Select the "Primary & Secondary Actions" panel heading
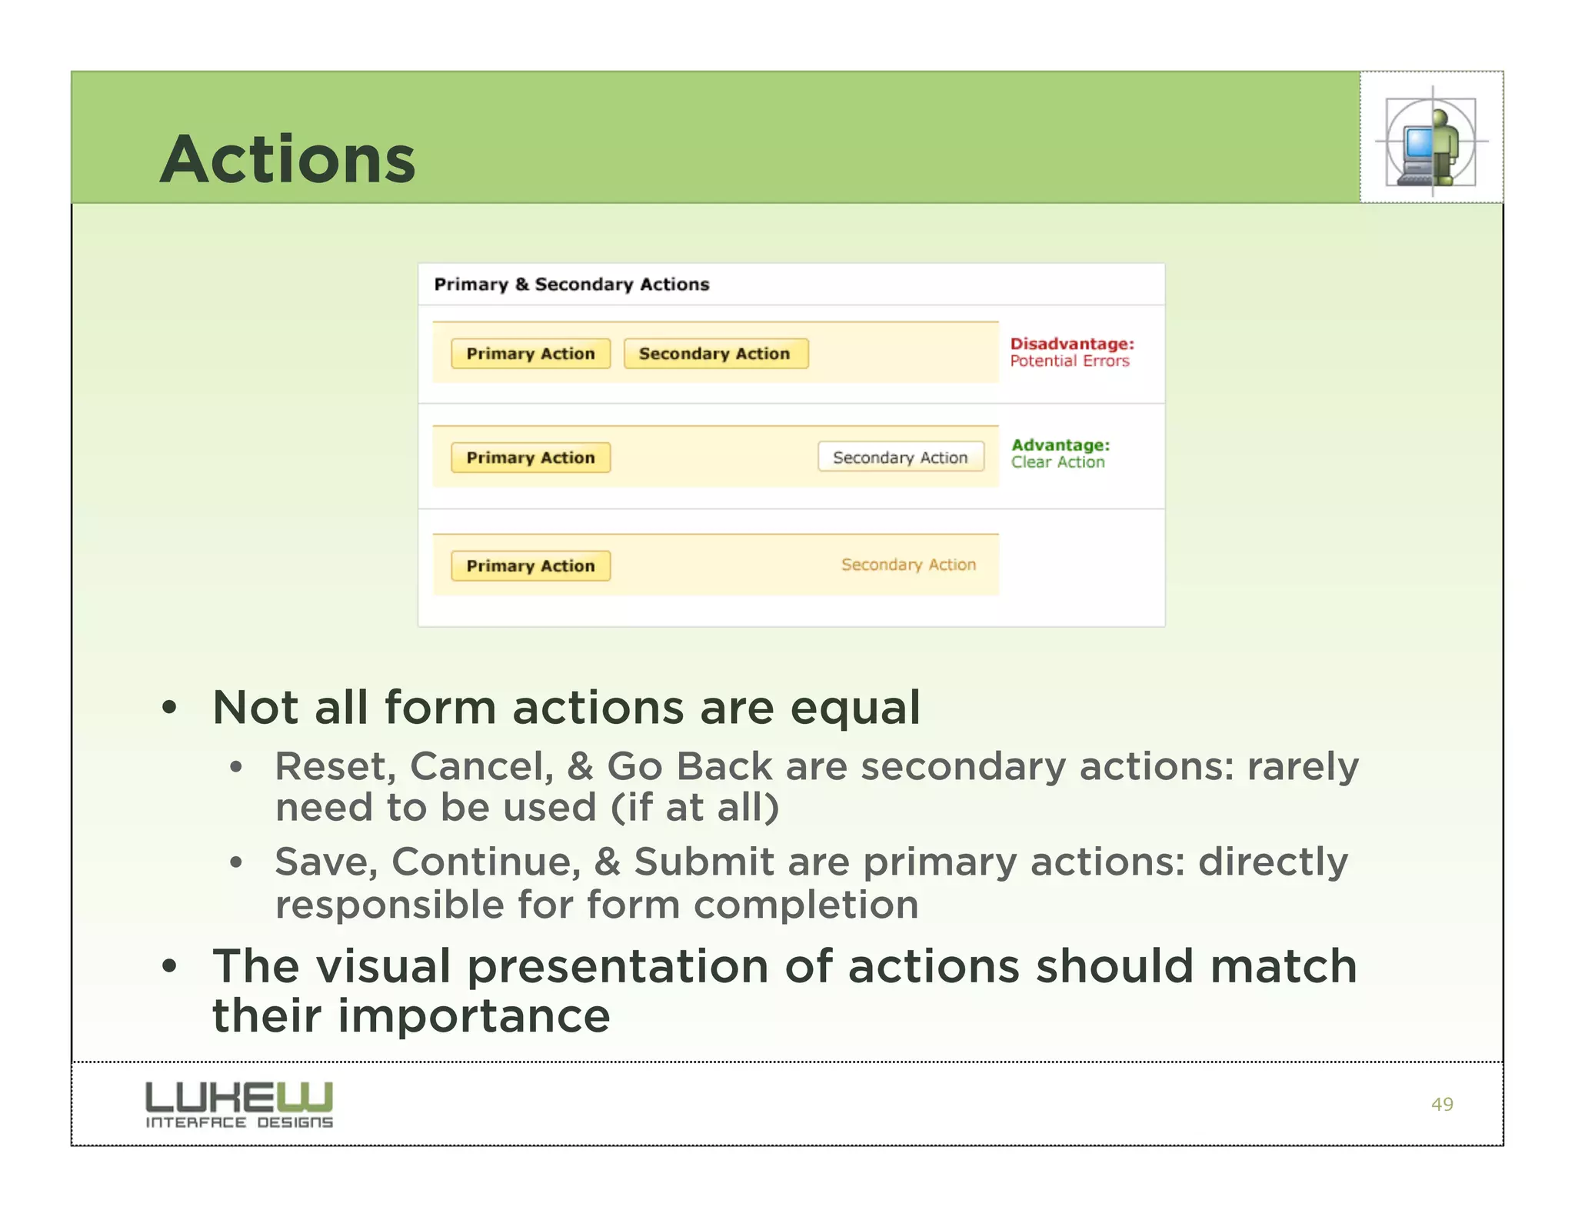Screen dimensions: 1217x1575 point(571,285)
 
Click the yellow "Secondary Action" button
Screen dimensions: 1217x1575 point(715,354)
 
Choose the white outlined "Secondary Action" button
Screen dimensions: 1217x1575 point(900,458)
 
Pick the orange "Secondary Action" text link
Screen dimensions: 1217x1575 point(908,565)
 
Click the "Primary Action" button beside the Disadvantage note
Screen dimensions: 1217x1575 point(531,354)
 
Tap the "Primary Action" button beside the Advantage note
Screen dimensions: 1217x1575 point(531,458)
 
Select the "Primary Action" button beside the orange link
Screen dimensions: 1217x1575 point(531,566)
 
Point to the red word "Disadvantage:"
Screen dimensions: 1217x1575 point(1072,344)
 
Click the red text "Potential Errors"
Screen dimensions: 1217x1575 point(1070,362)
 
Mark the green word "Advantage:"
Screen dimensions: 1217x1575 point(1061,445)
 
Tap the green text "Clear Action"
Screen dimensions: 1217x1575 point(1057,462)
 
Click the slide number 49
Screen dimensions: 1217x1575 point(1442,1105)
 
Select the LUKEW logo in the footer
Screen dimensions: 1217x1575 point(239,1105)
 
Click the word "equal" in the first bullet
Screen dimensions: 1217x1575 point(854,709)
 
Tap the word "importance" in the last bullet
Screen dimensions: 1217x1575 point(473,1016)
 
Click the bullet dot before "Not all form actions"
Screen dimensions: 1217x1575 point(170,708)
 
